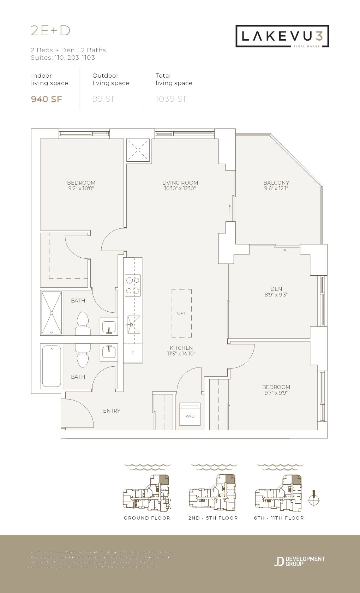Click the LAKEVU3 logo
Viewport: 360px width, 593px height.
(x=282, y=36)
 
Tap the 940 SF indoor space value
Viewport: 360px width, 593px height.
(x=47, y=99)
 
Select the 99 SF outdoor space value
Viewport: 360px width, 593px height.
(x=104, y=99)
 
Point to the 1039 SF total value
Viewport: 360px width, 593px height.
(x=172, y=99)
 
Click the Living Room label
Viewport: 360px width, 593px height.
(x=180, y=182)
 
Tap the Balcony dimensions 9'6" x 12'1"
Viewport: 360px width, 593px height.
(x=276, y=188)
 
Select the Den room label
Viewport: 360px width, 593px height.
(x=276, y=289)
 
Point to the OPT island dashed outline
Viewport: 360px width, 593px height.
(x=182, y=313)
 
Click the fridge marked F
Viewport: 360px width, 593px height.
(x=133, y=353)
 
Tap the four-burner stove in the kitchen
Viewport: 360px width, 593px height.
(x=133, y=285)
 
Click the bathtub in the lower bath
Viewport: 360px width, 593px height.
(x=52, y=366)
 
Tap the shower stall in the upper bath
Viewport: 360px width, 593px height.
(x=52, y=313)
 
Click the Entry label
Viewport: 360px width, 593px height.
(x=112, y=411)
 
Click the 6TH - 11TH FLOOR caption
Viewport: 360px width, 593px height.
(x=279, y=518)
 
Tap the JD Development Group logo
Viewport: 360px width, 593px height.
(x=299, y=561)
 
